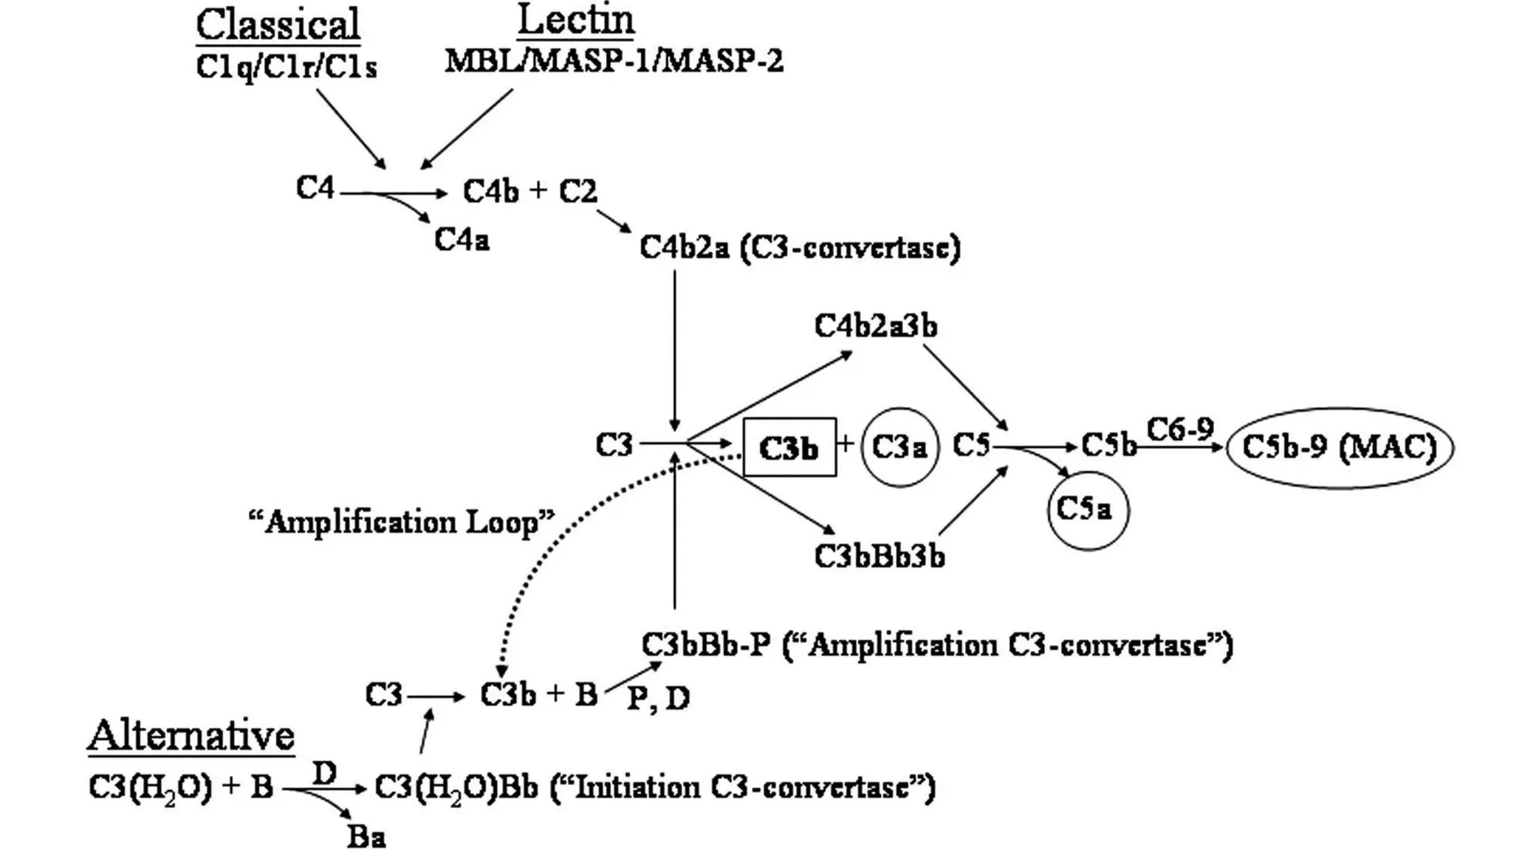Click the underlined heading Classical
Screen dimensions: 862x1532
pos(278,25)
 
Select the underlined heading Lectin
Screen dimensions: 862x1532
pos(575,20)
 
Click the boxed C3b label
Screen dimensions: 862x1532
pos(789,447)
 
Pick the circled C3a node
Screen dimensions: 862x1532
pos(899,447)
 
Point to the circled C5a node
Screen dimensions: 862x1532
pos(1086,510)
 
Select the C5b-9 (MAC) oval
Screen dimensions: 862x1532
pos(1339,447)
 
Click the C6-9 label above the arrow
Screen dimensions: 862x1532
pos(1180,430)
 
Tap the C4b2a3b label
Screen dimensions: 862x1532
pos(875,326)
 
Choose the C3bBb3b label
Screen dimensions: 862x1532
pos(879,557)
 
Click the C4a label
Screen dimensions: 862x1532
pos(462,240)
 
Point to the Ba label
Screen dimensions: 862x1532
pos(367,837)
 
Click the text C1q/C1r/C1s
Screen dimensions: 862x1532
pos(286,67)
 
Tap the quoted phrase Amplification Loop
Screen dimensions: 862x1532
pos(402,522)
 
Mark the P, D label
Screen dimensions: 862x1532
pos(658,698)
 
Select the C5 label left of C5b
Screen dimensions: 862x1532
pos(971,446)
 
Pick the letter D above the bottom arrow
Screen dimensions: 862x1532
pos(324,773)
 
